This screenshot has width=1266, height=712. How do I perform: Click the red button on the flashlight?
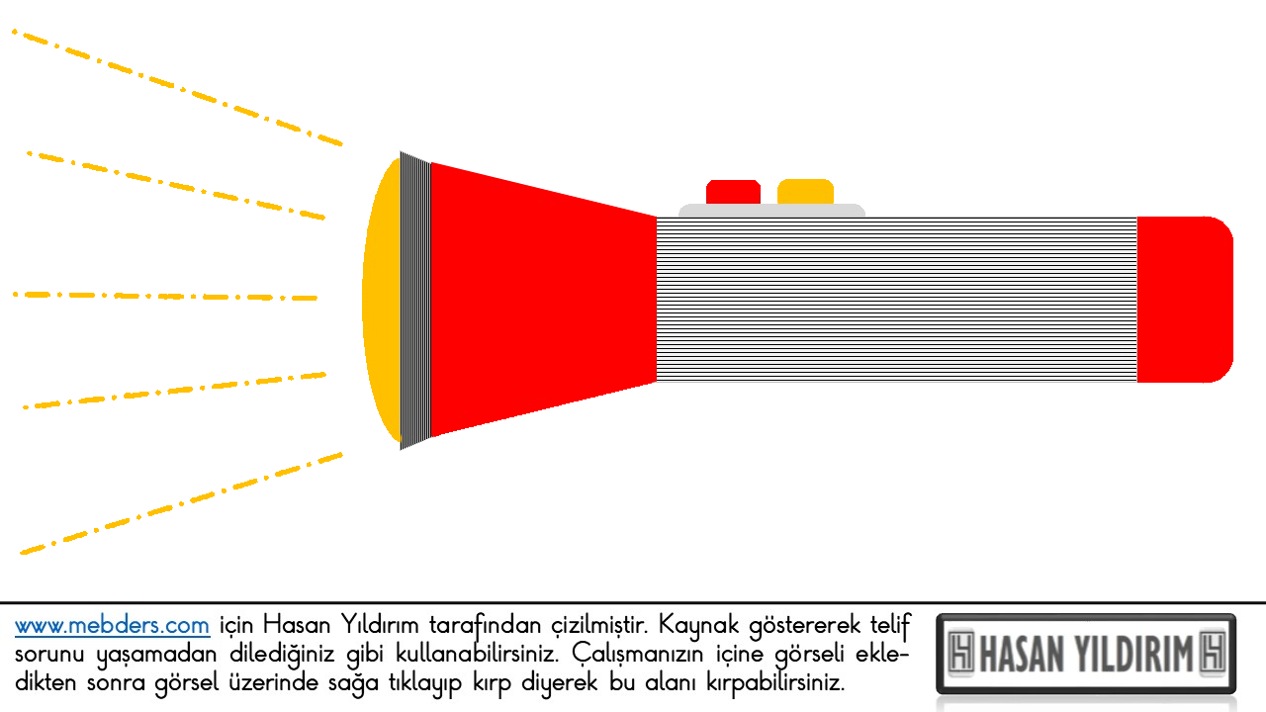click(x=733, y=192)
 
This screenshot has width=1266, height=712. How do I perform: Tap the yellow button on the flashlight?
click(x=805, y=192)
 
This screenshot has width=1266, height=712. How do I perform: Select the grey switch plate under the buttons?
click(x=771, y=211)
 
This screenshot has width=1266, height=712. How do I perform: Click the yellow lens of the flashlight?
click(x=383, y=300)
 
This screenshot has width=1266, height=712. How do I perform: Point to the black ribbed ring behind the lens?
click(x=415, y=300)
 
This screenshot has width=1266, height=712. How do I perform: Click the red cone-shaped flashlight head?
click(x=543, y=300)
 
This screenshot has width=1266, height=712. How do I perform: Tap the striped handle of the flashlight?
click(x=896, y=300)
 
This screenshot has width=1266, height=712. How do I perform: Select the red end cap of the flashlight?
click(x=1185, y=300)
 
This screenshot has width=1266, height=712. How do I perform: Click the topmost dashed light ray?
click(x=177, y=88)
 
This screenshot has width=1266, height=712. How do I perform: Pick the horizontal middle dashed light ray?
click(x=165, y=296)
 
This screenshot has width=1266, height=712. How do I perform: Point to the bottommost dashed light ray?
click(x=181, y=503)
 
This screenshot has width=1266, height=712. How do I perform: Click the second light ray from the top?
click(x=176, y=185)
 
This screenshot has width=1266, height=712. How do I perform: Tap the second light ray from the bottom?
click(x=174, y=391)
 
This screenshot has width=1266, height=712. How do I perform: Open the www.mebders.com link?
click(x=112, y=626)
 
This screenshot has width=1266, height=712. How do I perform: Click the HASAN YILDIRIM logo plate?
click(x=1086, y=654)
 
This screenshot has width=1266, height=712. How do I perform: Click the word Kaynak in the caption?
click(x=698, y=625)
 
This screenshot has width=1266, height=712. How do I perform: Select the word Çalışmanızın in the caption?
click(x=638, y=655)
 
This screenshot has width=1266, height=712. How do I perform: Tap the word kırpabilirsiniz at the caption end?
click(x=774, y=683)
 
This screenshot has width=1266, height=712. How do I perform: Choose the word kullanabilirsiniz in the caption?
click(x=477, y=654)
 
